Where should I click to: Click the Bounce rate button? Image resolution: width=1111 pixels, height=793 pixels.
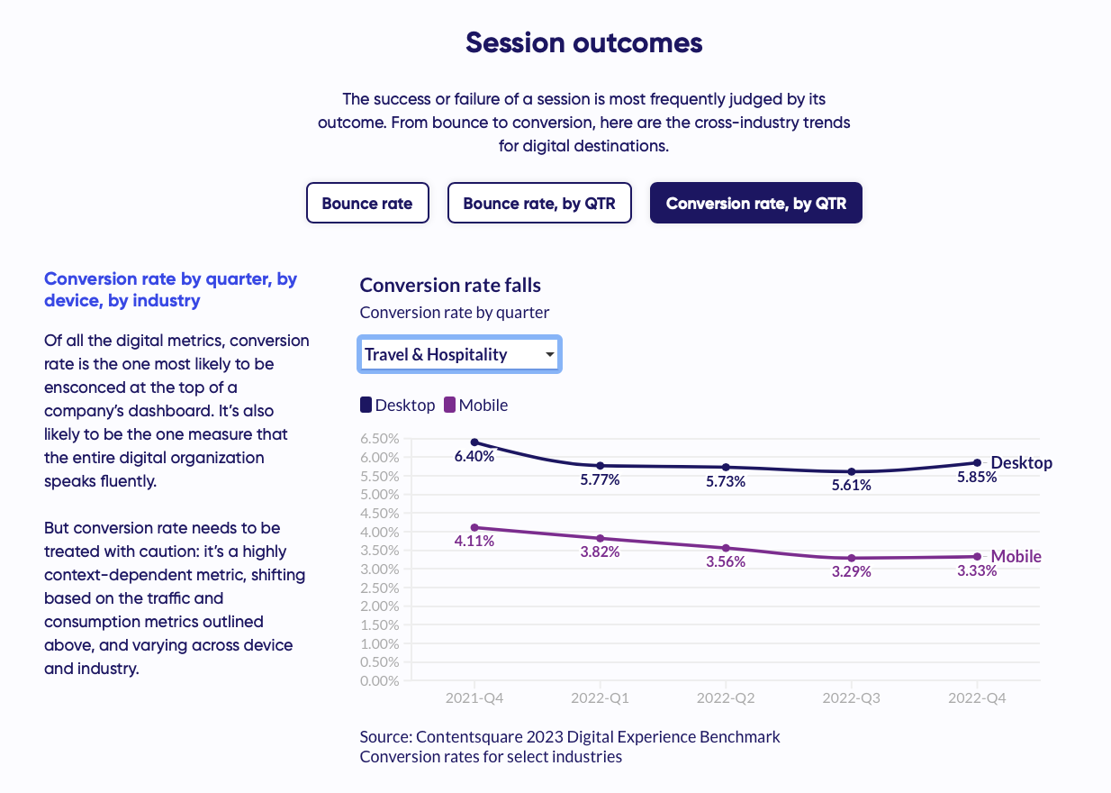click(x=367, y=203)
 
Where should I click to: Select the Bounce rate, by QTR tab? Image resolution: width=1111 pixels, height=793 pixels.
click(x=539, y=203)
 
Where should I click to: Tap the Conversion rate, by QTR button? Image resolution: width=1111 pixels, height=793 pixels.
click(x=755, y=203)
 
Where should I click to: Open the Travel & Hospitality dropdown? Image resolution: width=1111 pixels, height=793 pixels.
click(x=459, y=354)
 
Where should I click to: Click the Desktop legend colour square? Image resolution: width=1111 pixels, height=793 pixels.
click(x=366, y=406)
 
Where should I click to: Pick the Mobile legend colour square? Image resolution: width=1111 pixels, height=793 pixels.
click(x=450, y=406)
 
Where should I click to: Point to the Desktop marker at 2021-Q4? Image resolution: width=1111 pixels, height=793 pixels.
click(x=474, y=442)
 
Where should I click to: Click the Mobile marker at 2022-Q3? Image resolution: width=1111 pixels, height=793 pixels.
click(x=852, y=559)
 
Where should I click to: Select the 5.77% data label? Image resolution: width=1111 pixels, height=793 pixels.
click(x=600, y=480)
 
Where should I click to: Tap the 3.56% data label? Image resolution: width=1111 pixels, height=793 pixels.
click(x=726, y=562)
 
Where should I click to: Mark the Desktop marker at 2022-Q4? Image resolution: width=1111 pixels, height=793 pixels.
click(x=977, y=463)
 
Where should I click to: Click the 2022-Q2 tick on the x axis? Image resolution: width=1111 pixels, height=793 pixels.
click(x=726, y=698)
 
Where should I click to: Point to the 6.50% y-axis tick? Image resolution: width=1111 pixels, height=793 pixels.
click(x=379, y=439)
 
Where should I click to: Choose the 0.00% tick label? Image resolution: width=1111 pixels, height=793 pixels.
click(x=379, y=680)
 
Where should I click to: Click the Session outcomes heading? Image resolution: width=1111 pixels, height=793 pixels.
click(x=583, y=42)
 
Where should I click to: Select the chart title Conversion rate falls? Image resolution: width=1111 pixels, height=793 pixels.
click(x=450, y=286)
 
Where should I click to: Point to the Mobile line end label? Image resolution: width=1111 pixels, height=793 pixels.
click(x=1016, y=557)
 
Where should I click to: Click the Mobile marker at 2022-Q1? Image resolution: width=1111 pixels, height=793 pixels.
click(x=600, y=538)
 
